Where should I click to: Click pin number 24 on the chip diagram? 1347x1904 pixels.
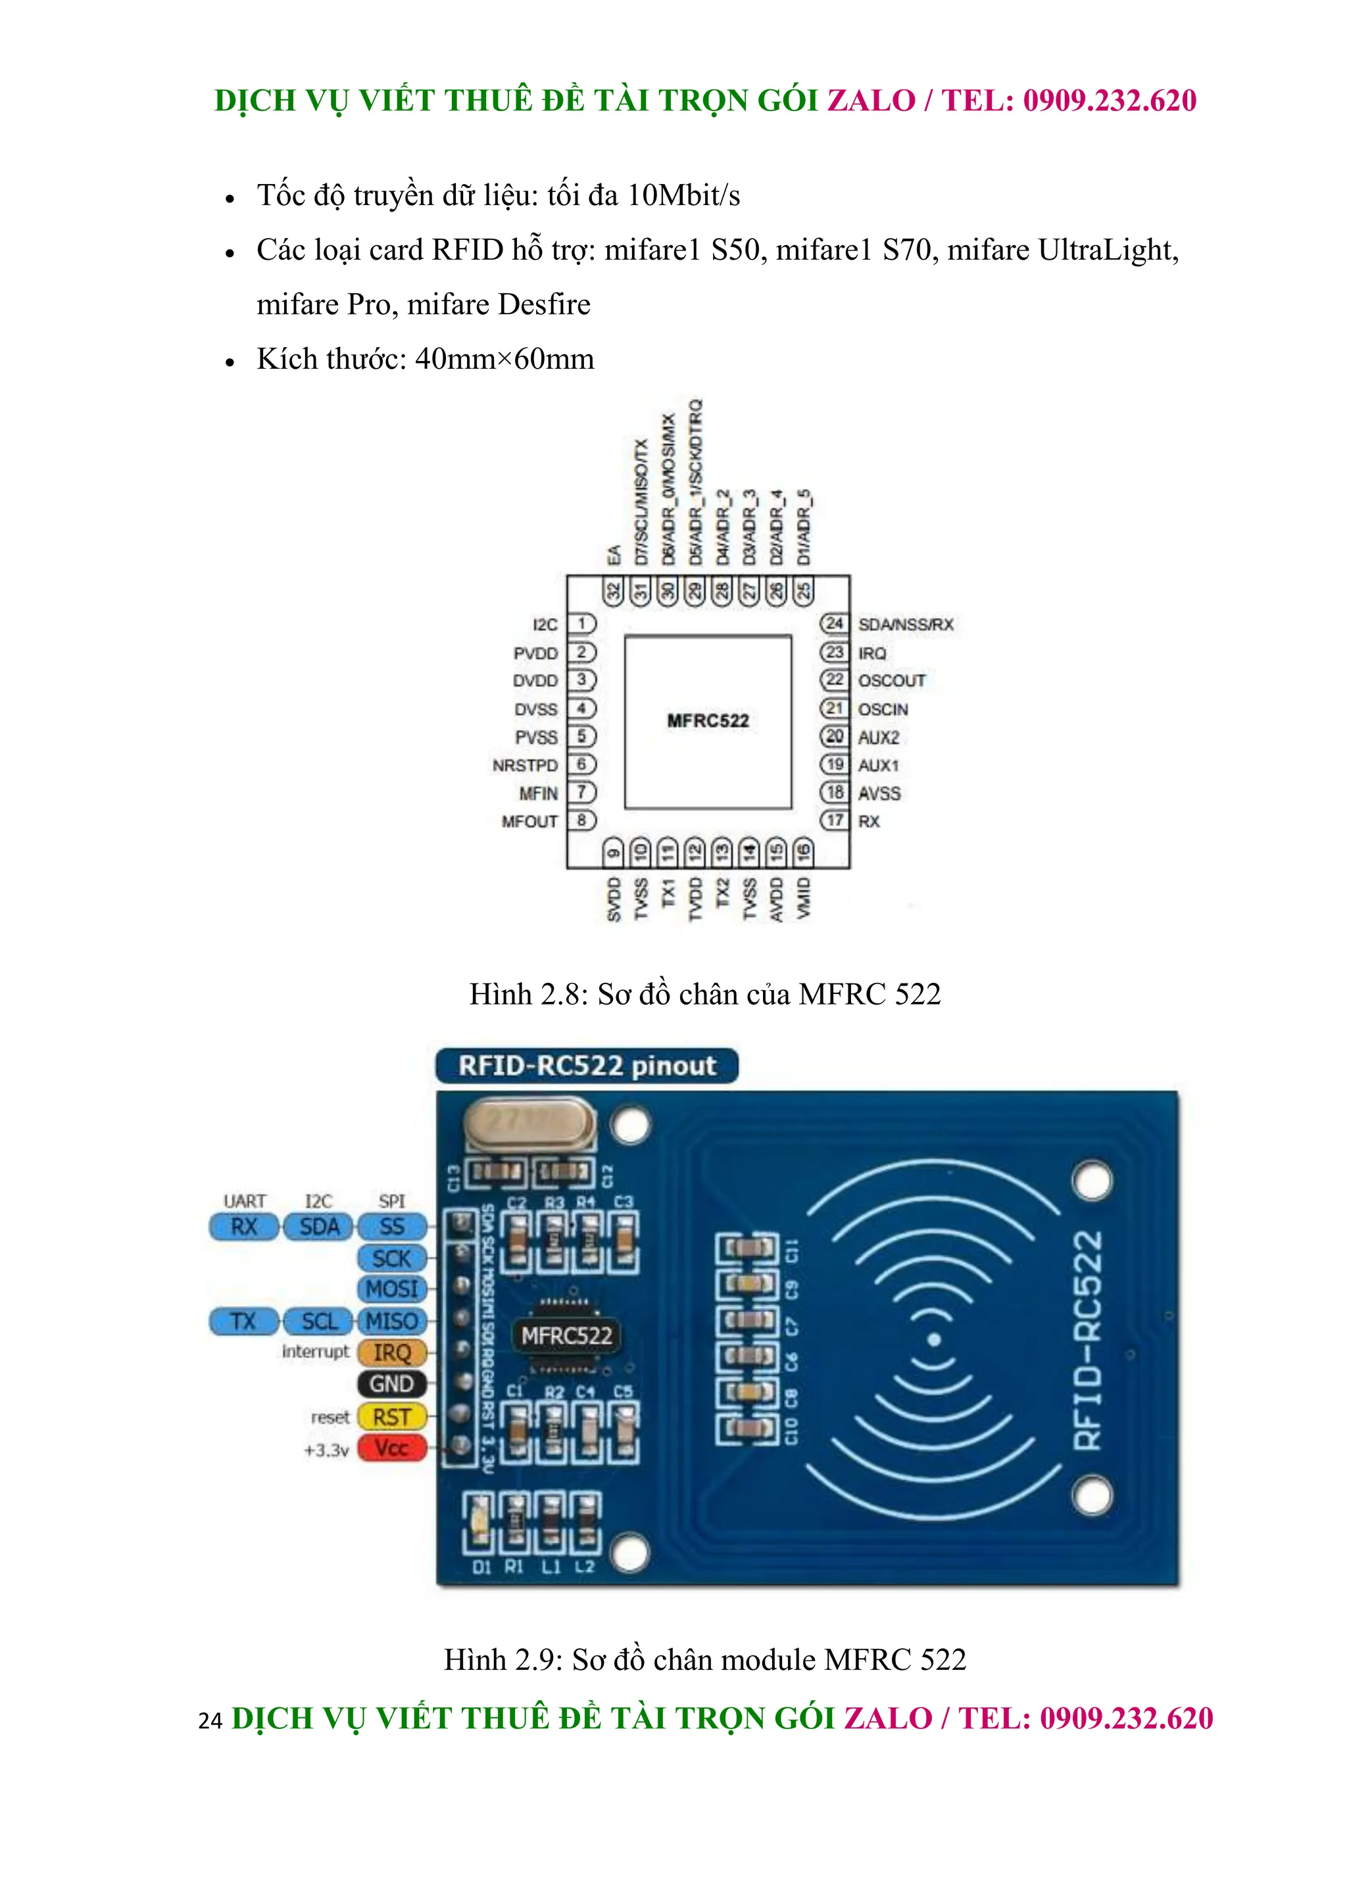[833, 624]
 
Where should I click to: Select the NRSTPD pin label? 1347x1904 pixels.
[525, 765]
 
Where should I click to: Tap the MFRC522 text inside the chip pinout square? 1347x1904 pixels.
[708, 721]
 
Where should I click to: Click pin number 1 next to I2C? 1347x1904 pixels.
[582, 624]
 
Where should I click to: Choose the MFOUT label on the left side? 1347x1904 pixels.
[529, 821]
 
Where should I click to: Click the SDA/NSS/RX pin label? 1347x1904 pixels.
[906, 624]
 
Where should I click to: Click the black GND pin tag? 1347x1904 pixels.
[391, 1384]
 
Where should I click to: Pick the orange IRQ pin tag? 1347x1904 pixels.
[391, 1352]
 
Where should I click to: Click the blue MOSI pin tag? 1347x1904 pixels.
[391, 1289]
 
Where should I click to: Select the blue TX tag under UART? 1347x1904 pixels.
[243, 1321]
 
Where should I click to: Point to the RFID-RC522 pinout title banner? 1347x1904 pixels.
[587, 1066]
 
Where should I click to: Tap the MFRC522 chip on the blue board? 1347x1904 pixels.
[566, 1335]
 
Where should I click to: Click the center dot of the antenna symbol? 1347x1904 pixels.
[934, 1339]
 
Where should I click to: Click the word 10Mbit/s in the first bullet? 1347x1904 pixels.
[683, 195]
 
